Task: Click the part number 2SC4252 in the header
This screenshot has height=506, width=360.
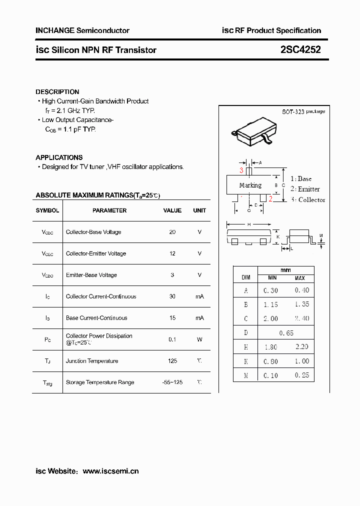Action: coord(300,50)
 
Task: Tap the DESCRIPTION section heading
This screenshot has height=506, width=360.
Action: coord(57,92)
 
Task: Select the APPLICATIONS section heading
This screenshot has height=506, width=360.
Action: coord(59,157)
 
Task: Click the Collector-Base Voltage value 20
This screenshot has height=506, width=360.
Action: coord(172,232)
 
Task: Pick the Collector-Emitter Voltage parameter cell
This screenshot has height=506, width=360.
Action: coord(95,253)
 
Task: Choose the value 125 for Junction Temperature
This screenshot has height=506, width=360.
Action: coord(172,361)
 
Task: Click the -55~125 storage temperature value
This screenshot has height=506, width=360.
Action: coord(172,382)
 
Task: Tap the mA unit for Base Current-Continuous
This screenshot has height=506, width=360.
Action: coord(199,318)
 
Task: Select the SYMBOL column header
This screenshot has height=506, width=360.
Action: coord(47,210)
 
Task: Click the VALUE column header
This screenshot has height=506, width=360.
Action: coord(172,210)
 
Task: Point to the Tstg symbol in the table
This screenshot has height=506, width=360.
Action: coord(47,382)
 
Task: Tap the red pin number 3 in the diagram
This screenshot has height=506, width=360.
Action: coord(241,170)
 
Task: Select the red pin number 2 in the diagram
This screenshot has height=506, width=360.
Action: coord(270,199)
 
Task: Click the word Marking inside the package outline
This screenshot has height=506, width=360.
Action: coord(250,185)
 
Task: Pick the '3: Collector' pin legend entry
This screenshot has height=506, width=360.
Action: coord(307,200)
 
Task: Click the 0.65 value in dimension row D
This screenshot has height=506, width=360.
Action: coord(286,333)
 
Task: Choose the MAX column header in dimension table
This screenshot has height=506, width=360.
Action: coord(299,278)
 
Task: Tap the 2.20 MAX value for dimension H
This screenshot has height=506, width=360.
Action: coord(301,347)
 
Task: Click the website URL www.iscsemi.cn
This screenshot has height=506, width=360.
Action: coord(110,471)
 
